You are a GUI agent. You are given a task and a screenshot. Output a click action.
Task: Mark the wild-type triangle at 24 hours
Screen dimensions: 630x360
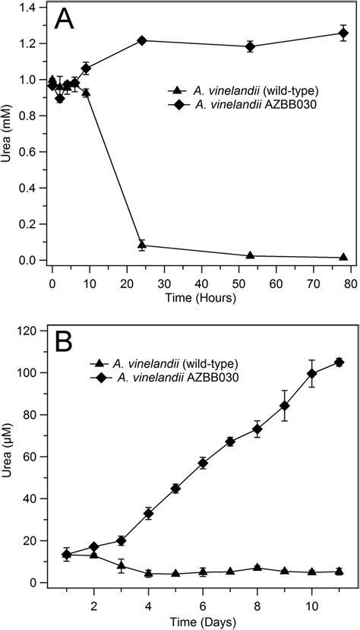pos(141,245)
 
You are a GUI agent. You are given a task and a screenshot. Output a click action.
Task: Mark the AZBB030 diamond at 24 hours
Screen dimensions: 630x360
pos(141,40)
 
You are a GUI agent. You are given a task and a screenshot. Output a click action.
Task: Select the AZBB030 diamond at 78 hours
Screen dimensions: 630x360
pos(343,33)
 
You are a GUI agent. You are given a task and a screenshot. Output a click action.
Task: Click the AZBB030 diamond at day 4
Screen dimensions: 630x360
pos(149,514)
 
